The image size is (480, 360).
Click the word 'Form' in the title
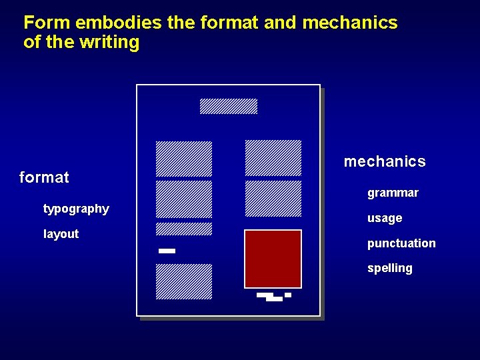pyautogui.click(x=47, y=23)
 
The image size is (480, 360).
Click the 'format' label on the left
pyautogui.click(x=44, y=177)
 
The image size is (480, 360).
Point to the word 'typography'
pyautogui.click(x=76, y=209)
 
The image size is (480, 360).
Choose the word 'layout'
pyautogui.click(x=61, y=234)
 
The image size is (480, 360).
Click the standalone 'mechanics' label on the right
pyautogui.click(x=384, y=161)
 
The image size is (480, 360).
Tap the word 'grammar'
pyautogui.click(x=393, y=193)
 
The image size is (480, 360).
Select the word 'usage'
pyautogui.click(x=385, y=218)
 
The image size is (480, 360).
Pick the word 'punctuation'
pyautogui.click(x=401, y=243)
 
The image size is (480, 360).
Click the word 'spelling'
pyautogui.click(x=389, y=268)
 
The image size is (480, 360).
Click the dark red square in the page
pyautogui.click(x=273, y=259)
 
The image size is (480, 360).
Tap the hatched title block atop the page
pyautogui.click(x=229, y=106)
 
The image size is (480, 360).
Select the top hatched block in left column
pyautogui.click(x=184, y=159)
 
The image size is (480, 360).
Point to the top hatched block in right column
pyautogui.click(x=273, y=158)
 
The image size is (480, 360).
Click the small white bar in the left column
pyautogui.click(x=167, y=251)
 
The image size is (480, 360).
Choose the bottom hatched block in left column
pyautogui.click(x=184, y=281)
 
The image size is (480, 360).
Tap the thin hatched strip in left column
pyautogui.click(x=184, y=229)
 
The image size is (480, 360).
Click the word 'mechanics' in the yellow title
pyautogui.click(x=349, y=23)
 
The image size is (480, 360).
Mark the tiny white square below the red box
pyautogui.click(x=288, y=295)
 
